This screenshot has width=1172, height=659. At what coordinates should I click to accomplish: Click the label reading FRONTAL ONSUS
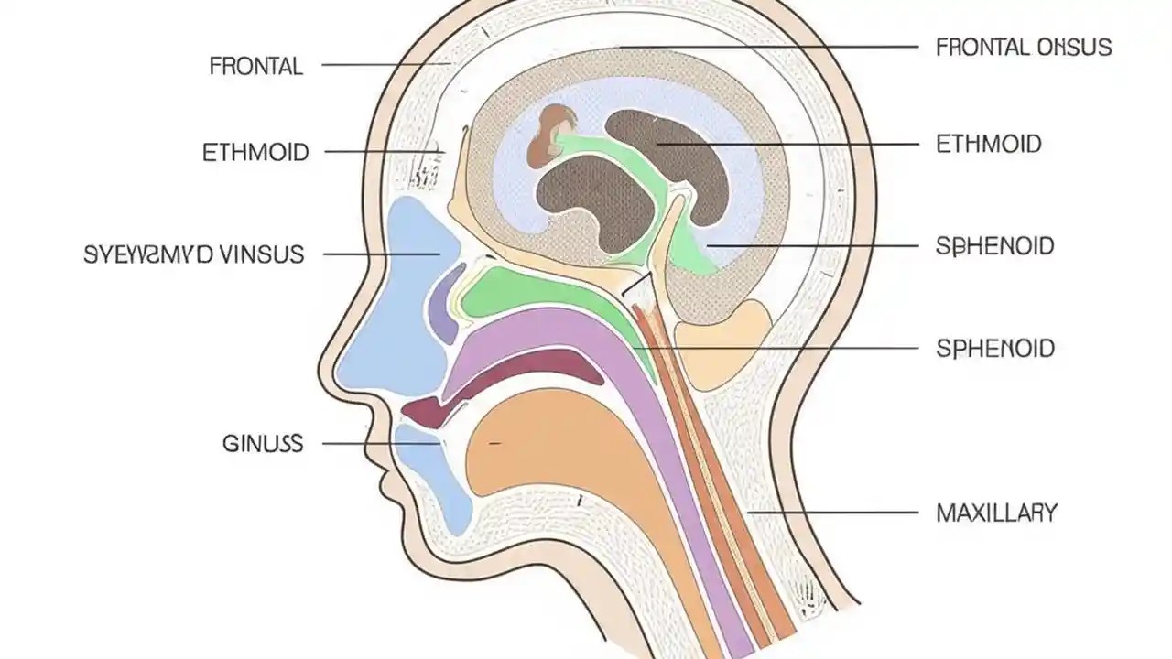[x=1024, y=47]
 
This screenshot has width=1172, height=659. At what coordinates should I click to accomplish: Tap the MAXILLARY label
[x=996, y=513]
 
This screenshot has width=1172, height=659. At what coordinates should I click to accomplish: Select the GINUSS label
[x=262, y=445]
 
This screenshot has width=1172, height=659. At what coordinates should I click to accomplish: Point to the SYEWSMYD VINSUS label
[x=193, y=254]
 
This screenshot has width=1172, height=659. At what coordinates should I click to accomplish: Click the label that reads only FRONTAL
[x=256, y=66]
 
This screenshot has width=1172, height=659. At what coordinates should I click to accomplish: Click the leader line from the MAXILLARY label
[x=833, y=513]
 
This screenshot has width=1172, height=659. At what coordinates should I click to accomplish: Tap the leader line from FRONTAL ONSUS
[x=769, y=46]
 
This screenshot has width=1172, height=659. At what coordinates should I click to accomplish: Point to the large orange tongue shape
[x=549, y=458]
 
